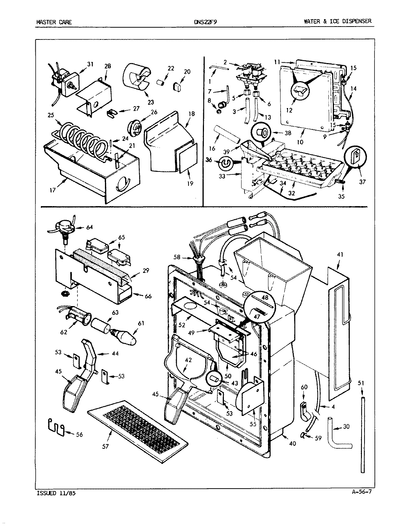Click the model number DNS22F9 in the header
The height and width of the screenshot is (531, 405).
(x=205, y=22)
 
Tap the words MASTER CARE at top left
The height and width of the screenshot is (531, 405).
(x=54, y=22)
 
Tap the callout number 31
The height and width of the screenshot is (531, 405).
(x=90, y=64)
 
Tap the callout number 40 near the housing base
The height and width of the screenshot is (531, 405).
(x=292, y=444)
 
